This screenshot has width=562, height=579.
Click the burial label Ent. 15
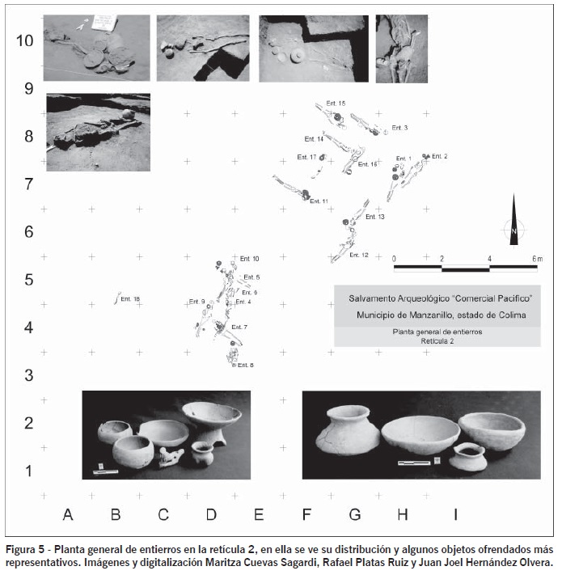tap(336, 104)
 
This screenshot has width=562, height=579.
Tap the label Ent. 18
tap(130, 300)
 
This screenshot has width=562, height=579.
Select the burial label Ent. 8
tap(244, 366)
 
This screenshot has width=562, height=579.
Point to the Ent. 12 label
tap(359, 255)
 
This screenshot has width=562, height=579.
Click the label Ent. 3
tap(399, 128)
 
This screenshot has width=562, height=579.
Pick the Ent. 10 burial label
tap(249, 259)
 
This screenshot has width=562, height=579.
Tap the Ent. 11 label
tap(319, 201)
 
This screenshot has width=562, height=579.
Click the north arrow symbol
tap(513, 220)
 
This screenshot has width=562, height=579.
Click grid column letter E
tap(259, 513)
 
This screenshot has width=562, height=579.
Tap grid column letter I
tap(454, 513)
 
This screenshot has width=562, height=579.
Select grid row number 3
tap(28, 375)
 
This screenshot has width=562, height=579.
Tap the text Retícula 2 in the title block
tap(437, 341)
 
